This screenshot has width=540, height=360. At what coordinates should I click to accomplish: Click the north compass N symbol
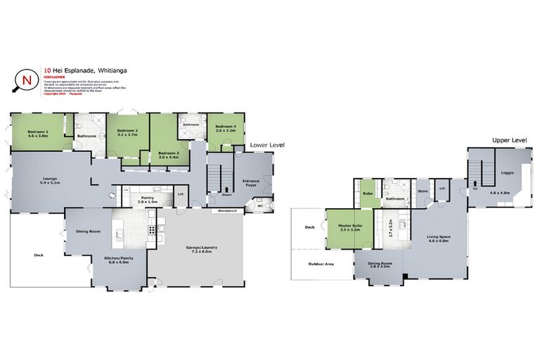(x=27, y=79)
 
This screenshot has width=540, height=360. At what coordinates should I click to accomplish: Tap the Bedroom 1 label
(x=38, y=132)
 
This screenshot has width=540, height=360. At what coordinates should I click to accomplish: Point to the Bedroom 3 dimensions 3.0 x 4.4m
(x=168, y=157)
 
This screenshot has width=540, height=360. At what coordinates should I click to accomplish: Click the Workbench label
(x=228, y=210)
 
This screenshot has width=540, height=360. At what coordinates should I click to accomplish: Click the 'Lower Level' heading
(x=266, y=145)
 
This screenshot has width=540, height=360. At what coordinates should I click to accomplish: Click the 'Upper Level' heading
(x=508, y=141)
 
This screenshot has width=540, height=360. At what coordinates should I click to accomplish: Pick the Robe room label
(x=367, y=193)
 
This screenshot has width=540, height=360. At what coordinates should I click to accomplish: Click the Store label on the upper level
(x=423, y=191)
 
